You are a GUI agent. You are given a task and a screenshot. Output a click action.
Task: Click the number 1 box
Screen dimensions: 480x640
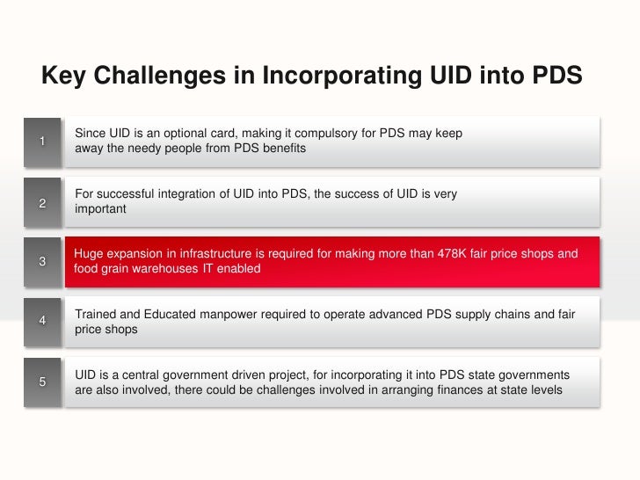tap(42, 142)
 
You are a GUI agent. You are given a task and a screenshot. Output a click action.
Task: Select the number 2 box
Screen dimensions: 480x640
tap(42, 202)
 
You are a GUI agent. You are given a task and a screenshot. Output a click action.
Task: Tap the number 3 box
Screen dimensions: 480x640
tap(42, 261)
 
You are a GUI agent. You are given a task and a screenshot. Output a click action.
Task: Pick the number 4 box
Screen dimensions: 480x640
tap(42, 321)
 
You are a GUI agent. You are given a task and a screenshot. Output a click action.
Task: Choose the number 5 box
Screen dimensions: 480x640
tap(42, 381)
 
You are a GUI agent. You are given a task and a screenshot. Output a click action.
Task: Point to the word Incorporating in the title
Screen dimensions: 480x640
tap(338, 76)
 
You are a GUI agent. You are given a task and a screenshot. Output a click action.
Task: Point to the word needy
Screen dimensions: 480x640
tap(133, 149)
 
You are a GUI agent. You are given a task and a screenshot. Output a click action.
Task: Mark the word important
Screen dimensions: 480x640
tap(101, 209)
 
